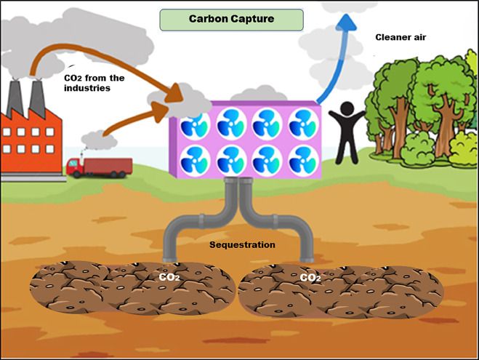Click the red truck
tap(97, 167)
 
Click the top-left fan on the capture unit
tap(195, 124)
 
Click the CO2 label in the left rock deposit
tap(169, 277)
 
